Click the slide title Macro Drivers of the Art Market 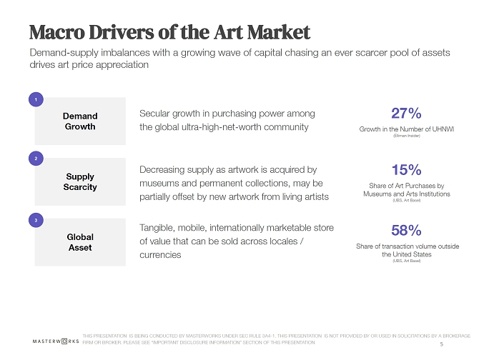click(x=169, y=32)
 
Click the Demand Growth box click(x=80, y=121)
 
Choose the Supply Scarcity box click(x=80, y=181)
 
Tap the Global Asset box click(x=80, y=242)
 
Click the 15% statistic click(x=406, y=171)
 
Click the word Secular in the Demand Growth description click(x=157, y=114)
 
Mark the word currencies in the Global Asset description click(x=160, y=255)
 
